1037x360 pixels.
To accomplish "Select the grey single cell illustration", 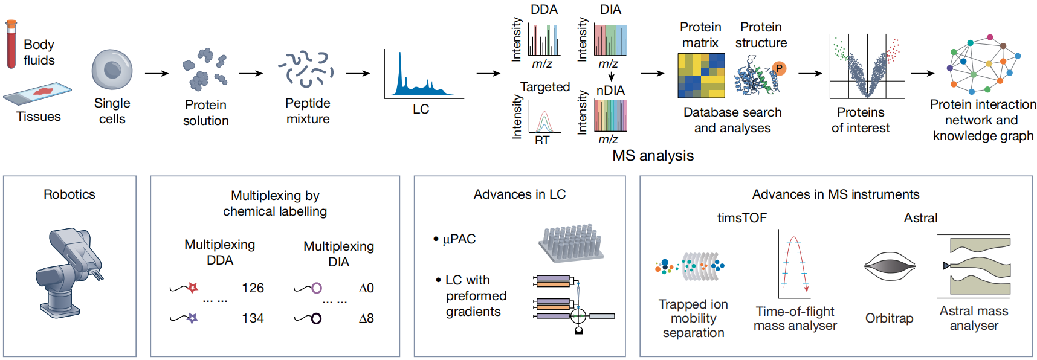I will tap(112, 69).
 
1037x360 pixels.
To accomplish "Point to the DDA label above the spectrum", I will tap(544, 10).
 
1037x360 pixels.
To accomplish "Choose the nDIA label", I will tap(610, 91).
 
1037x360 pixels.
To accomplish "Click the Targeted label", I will tap(545, 87).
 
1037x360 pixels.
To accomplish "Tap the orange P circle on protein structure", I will tap(779, 68).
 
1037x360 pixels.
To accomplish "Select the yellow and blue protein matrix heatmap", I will tap(701, 76).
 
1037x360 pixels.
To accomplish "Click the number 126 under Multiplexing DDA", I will tap(253, 288).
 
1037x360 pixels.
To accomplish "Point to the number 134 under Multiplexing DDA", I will tap(253, 318).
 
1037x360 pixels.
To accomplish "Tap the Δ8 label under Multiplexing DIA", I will tap(366, 318).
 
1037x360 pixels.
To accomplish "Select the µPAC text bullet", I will tap(459, 239).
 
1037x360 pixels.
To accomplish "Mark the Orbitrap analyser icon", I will tap(890, 266).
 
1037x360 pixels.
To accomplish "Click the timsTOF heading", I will tap(741, 218).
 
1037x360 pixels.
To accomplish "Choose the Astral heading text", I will tap(920, 218).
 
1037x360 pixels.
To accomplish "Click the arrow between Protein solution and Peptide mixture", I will tap(251, 74).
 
